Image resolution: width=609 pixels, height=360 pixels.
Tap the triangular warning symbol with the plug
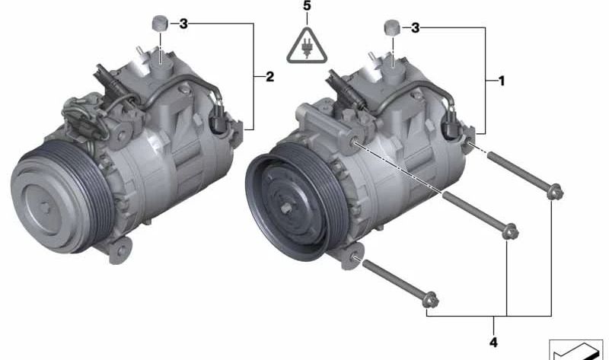(306, 45)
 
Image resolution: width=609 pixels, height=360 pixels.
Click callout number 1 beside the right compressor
(500, 79)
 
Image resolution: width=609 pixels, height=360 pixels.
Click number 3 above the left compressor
(183, 24)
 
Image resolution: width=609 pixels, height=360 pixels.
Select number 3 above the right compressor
(415, 28)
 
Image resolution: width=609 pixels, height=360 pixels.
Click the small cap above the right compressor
(391, 27)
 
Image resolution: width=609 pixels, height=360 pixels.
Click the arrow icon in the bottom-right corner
(577, 348)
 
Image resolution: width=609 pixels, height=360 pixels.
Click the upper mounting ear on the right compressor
(355, 142)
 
